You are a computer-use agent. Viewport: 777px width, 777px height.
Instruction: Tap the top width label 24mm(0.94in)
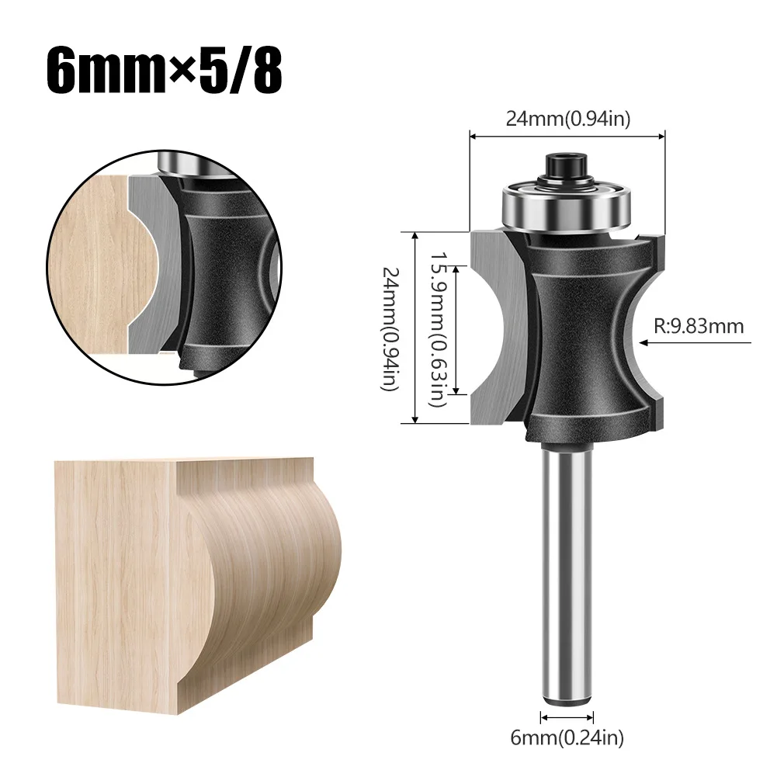pos(567,118)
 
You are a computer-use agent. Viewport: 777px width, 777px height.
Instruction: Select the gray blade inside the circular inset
pos(151,264)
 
